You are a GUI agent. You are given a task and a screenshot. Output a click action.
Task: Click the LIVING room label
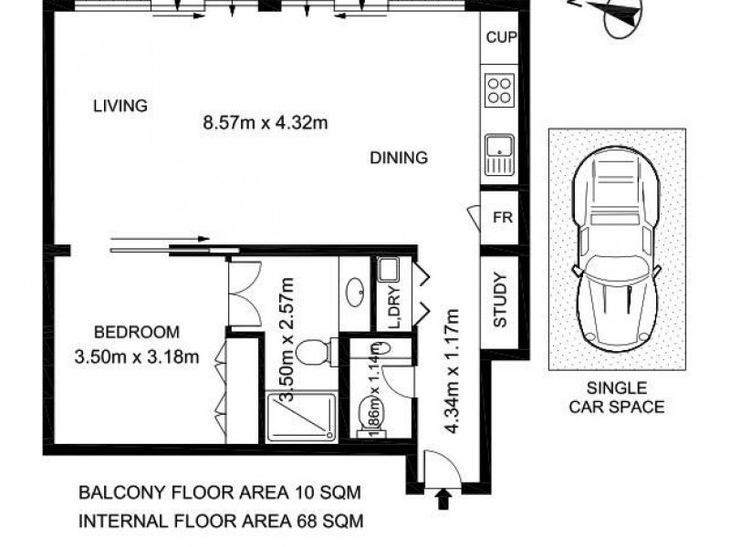(120, 106)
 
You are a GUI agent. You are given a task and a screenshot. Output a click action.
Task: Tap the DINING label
(399, 158)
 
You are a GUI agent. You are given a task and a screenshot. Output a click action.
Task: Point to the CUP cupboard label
(501, 38)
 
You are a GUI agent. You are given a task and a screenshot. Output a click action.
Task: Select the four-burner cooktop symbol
(500, 89)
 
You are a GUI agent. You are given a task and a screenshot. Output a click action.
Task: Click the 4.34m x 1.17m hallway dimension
(451, 365)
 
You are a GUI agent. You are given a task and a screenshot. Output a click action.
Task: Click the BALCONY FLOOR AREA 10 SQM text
(219, 493)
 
